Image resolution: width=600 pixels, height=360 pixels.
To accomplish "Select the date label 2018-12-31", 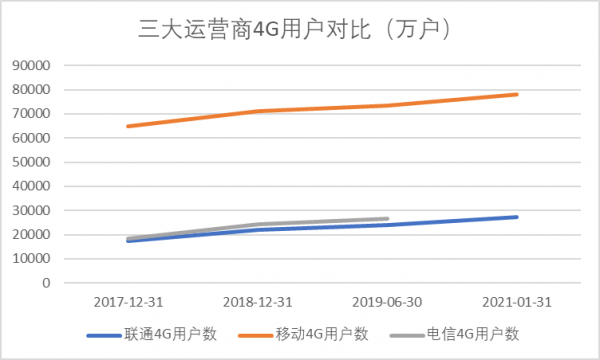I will point(257,302).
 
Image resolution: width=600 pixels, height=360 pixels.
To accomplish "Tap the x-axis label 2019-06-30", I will point(387,302).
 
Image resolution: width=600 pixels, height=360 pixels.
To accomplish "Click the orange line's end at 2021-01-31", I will point(517,94).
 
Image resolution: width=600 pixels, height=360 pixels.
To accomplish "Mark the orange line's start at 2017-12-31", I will point(127,126).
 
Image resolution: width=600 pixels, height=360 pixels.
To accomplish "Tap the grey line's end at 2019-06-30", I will point(387,219).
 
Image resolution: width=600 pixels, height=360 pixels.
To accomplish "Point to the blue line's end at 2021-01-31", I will point(517,217).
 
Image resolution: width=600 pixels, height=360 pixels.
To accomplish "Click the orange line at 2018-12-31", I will point(257,111).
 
